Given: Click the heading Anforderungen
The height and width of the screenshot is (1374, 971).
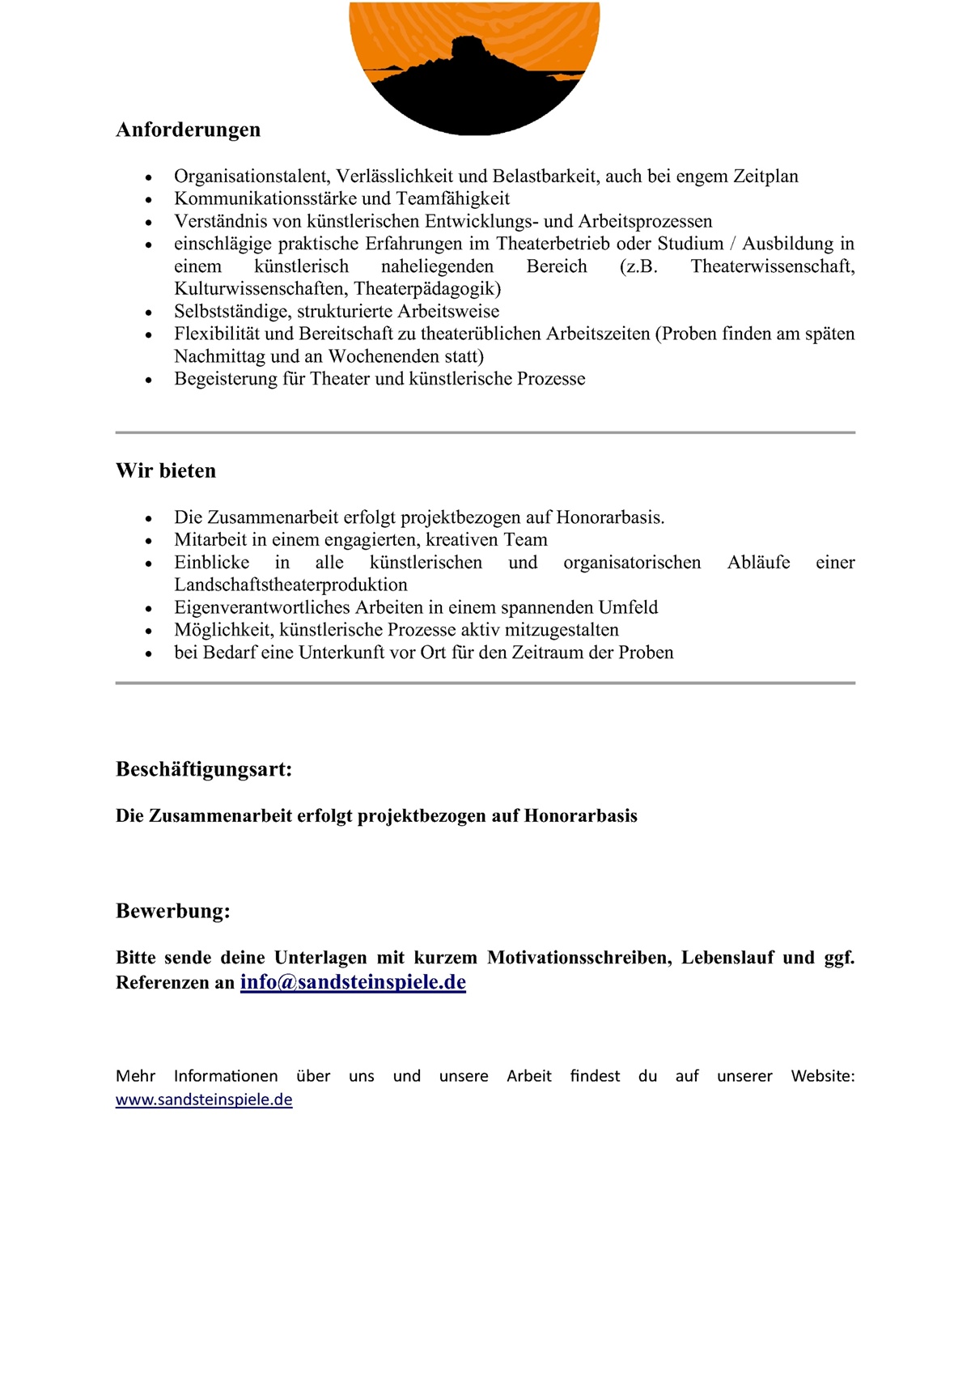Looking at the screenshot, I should coord(188,130).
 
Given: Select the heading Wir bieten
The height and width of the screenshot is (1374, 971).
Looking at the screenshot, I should coord(166,470).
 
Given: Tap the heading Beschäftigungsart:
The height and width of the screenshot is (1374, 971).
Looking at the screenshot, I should coord(204,768).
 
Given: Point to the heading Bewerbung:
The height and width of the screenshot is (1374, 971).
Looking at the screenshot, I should coord(173,911).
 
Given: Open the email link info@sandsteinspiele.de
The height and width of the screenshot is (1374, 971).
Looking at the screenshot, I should coord(353,982).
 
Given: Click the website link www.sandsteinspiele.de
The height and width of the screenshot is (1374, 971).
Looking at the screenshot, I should coord(204,1100).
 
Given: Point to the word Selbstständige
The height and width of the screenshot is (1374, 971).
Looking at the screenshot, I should coord(231,311).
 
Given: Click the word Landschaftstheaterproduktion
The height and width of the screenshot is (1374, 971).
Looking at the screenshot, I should coord(290,585).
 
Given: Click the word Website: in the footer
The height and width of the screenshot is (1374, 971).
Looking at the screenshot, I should coord(822,1076).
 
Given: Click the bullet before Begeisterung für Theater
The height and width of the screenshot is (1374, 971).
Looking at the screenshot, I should coord(148,380).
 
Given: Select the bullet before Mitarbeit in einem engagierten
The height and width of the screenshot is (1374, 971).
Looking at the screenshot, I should coord(148,541).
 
